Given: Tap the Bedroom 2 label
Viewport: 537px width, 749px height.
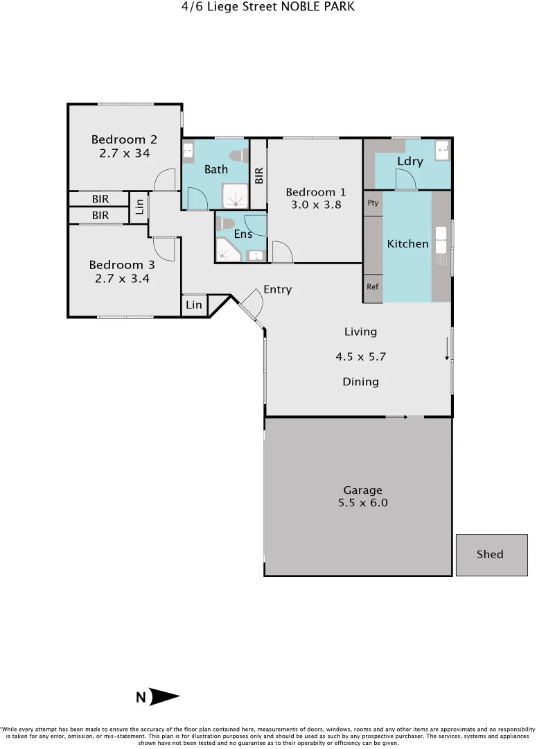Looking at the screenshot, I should click(124, 139).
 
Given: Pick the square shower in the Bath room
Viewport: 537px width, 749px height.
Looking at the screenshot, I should click(234, 197).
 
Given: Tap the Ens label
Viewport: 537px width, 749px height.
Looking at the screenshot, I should click(243, 234).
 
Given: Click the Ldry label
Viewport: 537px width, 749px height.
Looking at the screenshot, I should click(410, 162).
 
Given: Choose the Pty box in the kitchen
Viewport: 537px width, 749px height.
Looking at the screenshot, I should click(373, 203).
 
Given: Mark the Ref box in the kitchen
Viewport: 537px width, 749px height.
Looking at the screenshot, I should click(373, 286).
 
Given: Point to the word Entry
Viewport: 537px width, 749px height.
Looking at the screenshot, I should click(277, 289).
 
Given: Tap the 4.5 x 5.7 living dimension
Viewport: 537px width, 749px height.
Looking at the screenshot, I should click(360, 357).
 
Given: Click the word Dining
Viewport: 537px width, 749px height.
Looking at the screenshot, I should click(360, 381).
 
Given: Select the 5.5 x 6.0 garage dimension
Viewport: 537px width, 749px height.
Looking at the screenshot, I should click(362, 503).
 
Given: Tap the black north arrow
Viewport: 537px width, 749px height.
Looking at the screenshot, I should click(164, 697).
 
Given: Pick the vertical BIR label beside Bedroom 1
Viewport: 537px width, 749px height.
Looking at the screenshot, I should click(258, 175).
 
